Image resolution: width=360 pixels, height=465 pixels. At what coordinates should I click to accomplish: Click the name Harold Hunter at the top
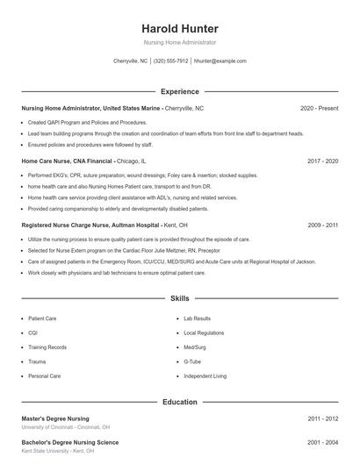pos(179,28)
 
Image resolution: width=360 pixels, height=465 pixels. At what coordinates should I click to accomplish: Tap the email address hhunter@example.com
pos(220,61)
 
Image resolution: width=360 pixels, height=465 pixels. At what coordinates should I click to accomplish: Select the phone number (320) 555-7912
pos(170,61)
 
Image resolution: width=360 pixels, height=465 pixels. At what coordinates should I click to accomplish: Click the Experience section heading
pos(179,91)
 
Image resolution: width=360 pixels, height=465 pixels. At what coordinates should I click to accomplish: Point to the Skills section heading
pos(179,299)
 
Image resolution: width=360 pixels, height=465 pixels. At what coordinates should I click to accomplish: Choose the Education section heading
pos(179,402)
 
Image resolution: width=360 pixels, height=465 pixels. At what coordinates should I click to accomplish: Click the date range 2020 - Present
pos(319,108)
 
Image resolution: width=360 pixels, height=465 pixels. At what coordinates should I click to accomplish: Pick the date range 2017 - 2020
pos(322,162)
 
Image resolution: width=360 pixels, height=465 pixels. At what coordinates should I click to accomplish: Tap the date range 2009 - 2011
pos(322,225)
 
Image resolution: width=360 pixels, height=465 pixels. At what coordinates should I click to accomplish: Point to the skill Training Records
pos(47,347)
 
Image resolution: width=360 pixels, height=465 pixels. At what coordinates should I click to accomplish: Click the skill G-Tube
pos(193,361)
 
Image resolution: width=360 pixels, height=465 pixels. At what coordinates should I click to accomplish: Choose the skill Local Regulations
pos(204,333)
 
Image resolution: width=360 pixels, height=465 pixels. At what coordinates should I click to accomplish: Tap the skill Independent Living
pos(205,376)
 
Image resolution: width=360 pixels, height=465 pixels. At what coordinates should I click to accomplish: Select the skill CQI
pos(33,333)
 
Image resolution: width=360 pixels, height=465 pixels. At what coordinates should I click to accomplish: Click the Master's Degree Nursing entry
pos(55,419)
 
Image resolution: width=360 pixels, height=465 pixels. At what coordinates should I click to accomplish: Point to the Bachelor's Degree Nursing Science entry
pos(69,442)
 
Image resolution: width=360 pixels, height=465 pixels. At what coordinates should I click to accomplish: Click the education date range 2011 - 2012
pos(322,419)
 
